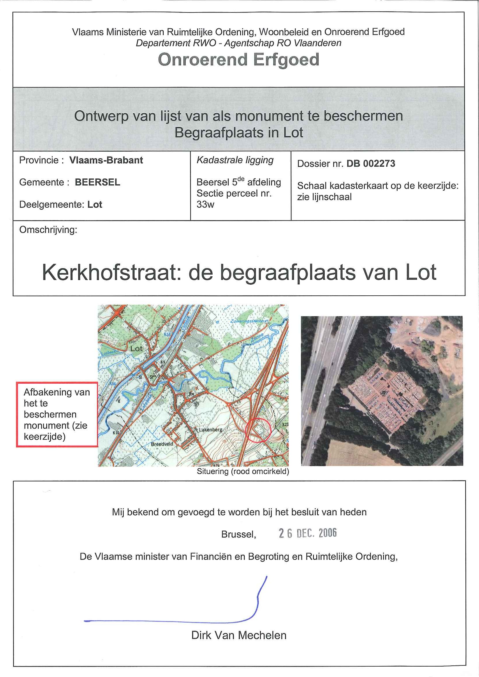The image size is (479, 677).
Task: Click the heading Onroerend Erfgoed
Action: [238, 60]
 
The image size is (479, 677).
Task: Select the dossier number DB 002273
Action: [370, 164]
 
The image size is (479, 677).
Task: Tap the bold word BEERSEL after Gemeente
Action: [97, 182]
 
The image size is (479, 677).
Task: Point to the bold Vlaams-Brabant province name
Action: [106, 160]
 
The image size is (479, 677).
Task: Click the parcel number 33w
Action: [205, 204]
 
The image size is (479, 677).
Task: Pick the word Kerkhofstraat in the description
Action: [109, 273]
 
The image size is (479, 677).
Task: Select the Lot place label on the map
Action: [136, 349]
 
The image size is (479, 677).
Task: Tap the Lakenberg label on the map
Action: [211, 430]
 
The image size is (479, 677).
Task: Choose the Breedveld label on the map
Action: [162, 444]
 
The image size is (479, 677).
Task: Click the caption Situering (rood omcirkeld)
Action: [243, 471]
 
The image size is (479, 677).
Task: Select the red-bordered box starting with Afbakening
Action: [57, 414]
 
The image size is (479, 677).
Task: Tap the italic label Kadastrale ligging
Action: [235, 160]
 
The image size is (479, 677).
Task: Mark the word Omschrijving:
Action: [48, 230]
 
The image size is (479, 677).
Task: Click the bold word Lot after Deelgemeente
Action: [95, 205]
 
